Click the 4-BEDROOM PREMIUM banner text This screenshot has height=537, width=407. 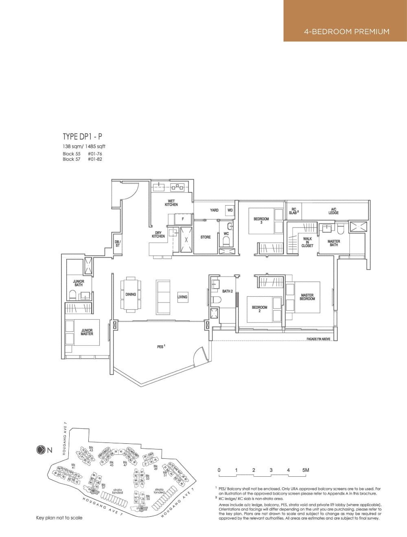[346, 31]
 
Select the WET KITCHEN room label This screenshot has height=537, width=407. [171, 203]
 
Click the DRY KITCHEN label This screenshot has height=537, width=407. [158, 235]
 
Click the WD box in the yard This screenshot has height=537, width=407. [230, 210]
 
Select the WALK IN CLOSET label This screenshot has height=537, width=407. [308, 243]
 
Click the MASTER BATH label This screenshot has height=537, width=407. [334, 243]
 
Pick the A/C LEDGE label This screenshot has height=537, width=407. [333, 211]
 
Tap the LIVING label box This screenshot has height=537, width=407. [182, 297]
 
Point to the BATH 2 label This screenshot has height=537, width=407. [227, 291]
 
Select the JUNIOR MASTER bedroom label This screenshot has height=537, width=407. [87, 332]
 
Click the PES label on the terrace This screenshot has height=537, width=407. [161, 346]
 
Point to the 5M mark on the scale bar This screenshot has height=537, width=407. [306, 470]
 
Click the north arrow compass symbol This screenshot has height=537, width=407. [41, 450]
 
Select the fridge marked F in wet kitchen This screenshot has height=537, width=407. [183, 219]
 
